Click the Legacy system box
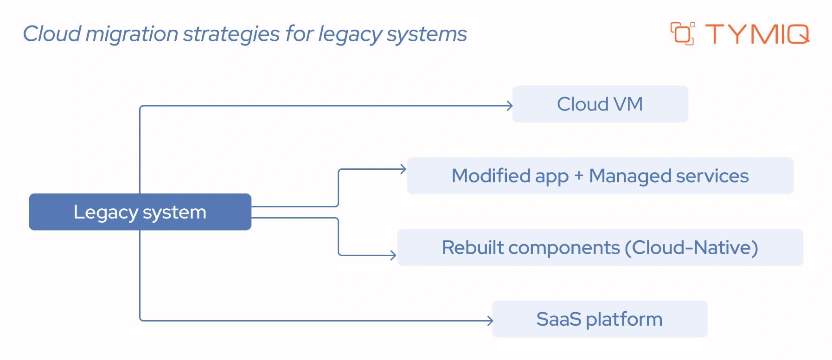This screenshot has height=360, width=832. (x=140, y=212)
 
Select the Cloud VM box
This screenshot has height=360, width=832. (x=600, y=104)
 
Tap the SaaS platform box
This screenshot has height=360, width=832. (x=599, y=319)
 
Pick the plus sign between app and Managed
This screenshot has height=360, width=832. (x=578, y=176)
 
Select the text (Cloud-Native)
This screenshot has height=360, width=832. (x=691, y=247)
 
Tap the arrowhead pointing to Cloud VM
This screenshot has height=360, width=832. (x=510, y=106)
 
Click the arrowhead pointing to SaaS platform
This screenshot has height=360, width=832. (x=491, y=320)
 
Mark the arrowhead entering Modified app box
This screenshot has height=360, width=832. (x=404, y=169)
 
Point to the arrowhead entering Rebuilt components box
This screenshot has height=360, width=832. (x=394, y=255)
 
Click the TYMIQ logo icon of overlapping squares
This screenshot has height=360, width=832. (x=682, y=34)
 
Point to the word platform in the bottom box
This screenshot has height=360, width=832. (x=624, y=320)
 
